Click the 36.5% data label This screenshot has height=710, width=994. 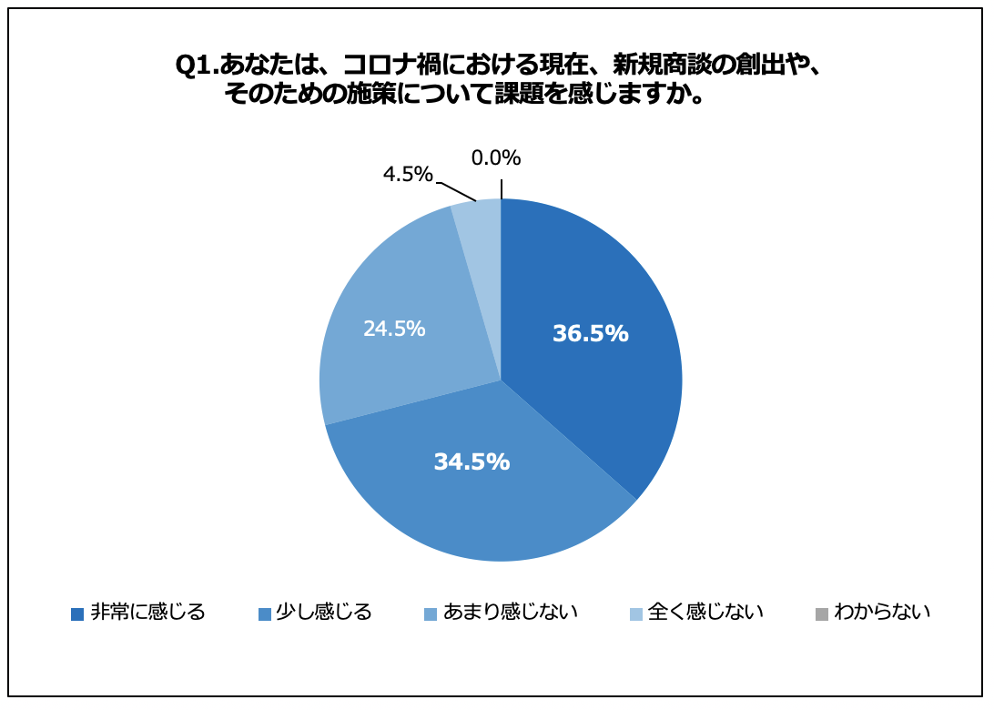pos(590,334)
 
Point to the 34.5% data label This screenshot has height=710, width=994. pos(472,462)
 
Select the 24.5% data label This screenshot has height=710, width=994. pos(394,330)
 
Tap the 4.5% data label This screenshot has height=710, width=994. pos(407,175)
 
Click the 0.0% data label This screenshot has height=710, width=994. pos(495,158)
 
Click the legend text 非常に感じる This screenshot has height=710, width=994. pos(148,612)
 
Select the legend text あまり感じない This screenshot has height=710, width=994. pos(511,612)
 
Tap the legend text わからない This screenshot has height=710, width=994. pos(882,612)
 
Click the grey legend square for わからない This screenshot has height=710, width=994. pos(822,614)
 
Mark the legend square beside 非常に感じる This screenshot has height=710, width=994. pos(77,614)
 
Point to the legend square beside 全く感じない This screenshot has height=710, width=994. pos(635,614)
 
